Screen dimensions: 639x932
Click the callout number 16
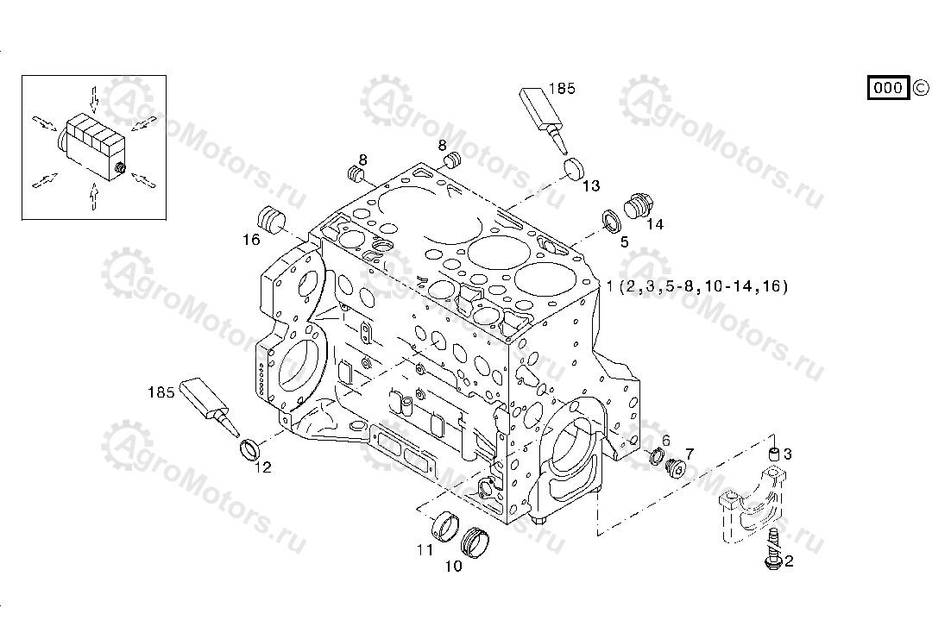click(251, 240)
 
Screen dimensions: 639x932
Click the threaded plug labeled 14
click(637, 207)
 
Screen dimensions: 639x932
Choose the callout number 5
click(625, 242)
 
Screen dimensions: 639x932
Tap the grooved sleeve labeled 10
click(476, 540)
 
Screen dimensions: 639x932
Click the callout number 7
click(690, 453)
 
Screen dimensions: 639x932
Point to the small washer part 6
click(657, 457)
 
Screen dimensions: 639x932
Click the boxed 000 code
click(888, 87)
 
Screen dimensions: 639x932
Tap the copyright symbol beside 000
click(920, 87)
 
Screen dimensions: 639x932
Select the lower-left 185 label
click(161, 392)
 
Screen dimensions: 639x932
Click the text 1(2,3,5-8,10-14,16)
click(696, 286)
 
